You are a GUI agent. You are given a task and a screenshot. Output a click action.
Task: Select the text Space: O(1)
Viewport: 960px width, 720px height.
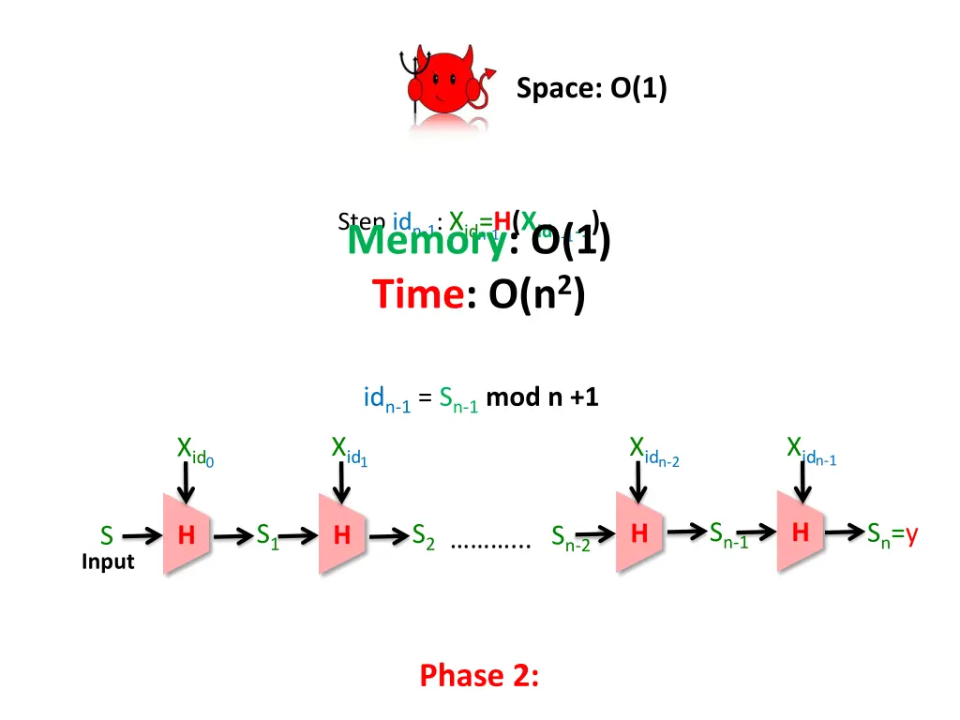(x=592, y=89)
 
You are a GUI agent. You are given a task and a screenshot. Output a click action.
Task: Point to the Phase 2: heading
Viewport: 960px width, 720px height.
(x=479, y=675)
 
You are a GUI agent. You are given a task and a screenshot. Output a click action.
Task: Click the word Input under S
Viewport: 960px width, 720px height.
(x=108, y=562)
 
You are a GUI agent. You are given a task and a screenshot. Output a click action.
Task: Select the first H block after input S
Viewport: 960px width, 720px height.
(x=187, y=535)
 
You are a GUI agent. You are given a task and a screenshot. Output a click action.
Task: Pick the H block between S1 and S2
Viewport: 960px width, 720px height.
(x=342, y=535)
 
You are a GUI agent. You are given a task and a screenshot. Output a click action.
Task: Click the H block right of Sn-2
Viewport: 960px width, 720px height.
(x=638, y=533)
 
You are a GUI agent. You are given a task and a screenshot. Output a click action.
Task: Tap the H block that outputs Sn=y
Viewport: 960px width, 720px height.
(x=800, y=532)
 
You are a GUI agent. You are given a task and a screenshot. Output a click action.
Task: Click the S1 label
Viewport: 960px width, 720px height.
(x=268, y=536)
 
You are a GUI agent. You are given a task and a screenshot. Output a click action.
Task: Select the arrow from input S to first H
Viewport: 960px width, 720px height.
(x=142, y=536)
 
